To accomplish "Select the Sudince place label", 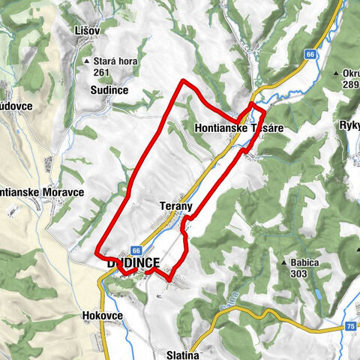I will click(x=112, y=90).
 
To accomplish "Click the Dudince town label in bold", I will click(x=133, y=263).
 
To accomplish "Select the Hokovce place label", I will click(x=100, y=316).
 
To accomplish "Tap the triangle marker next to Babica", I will click(x=283, y=263).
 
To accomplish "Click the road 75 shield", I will click(x=350, y=327).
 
